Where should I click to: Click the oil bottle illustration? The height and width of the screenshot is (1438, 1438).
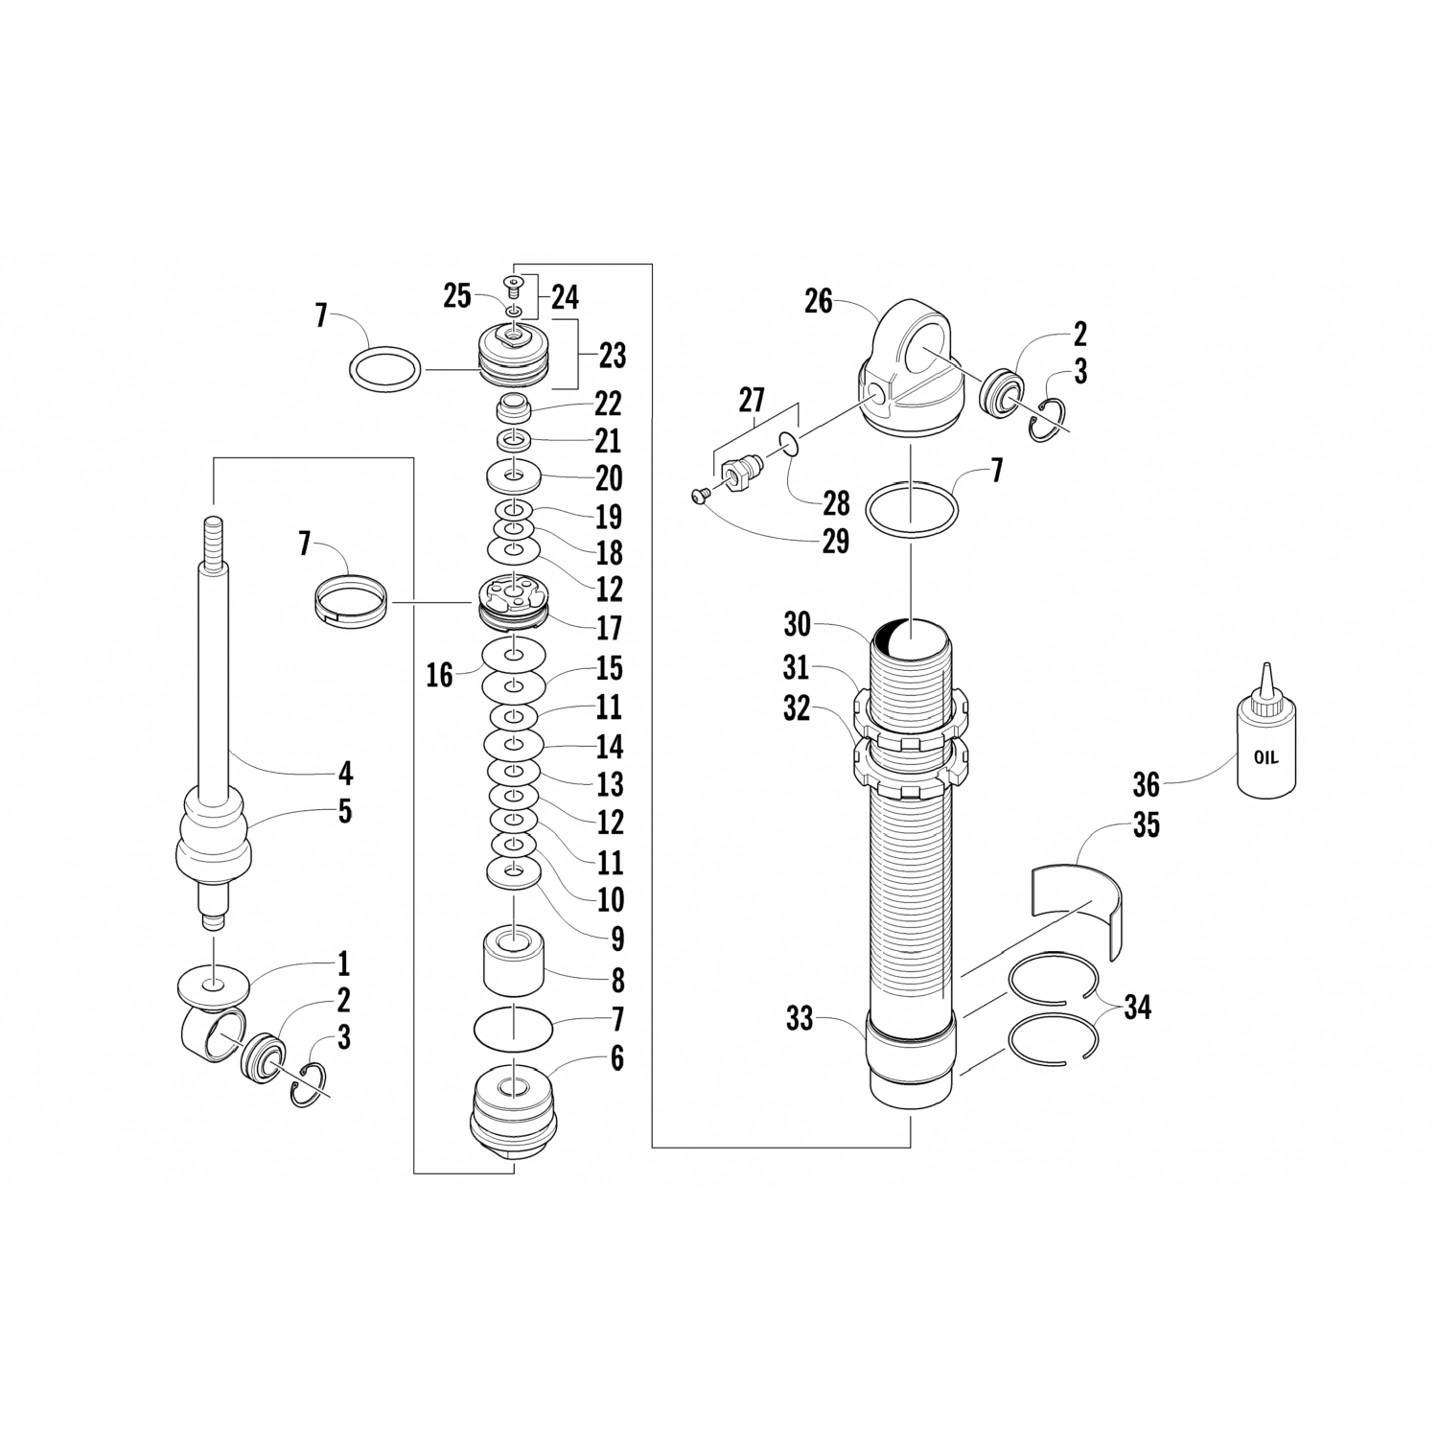pos(1265,732)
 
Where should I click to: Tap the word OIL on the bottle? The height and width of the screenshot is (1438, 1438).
pos(1266,757)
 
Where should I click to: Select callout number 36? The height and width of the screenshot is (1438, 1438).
pos(1147,786)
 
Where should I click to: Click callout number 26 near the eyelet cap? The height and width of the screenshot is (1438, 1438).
pos(818,302)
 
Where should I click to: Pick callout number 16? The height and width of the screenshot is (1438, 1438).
pos(439,675)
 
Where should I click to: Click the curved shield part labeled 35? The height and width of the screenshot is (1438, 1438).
pos(1078,907)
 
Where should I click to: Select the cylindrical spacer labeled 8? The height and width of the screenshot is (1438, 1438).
pos(514,961)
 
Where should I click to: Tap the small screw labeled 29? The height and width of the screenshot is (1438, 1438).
pos(698,495)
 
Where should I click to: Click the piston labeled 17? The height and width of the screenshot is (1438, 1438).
pos(514,601)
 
